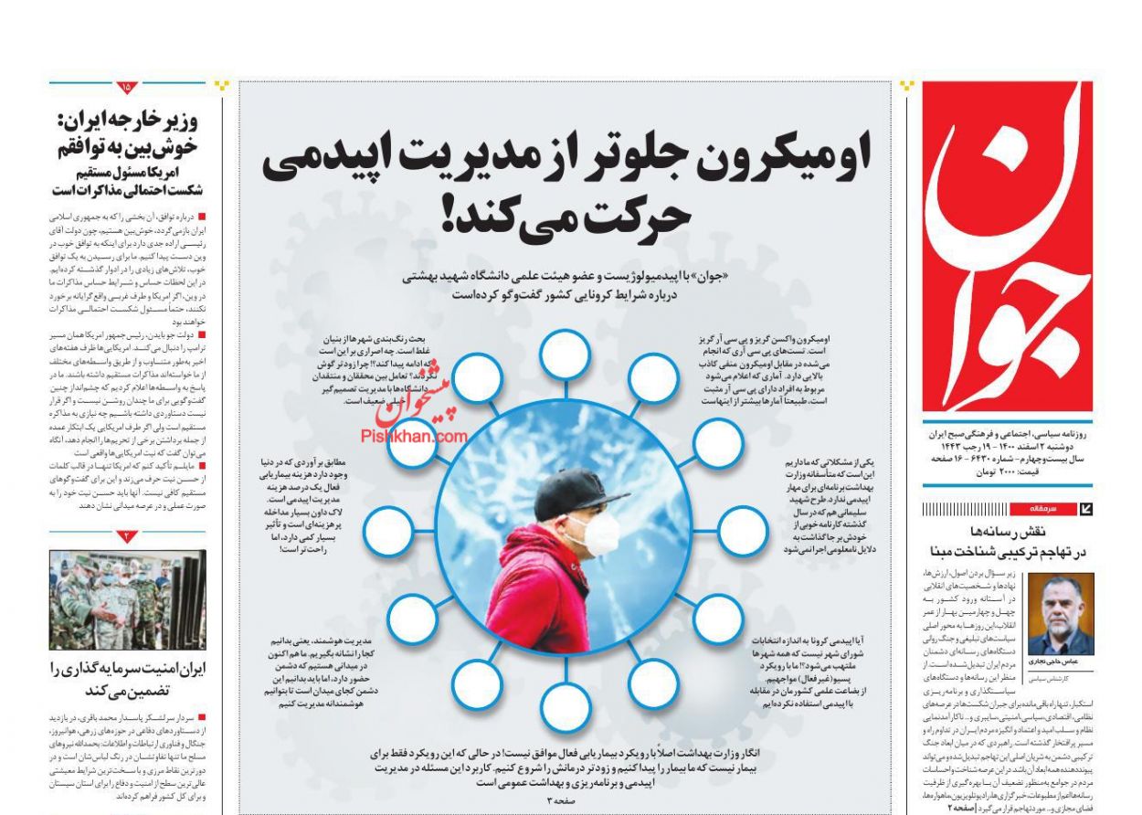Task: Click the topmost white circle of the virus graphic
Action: pyautogui.click(x=564, y=352)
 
